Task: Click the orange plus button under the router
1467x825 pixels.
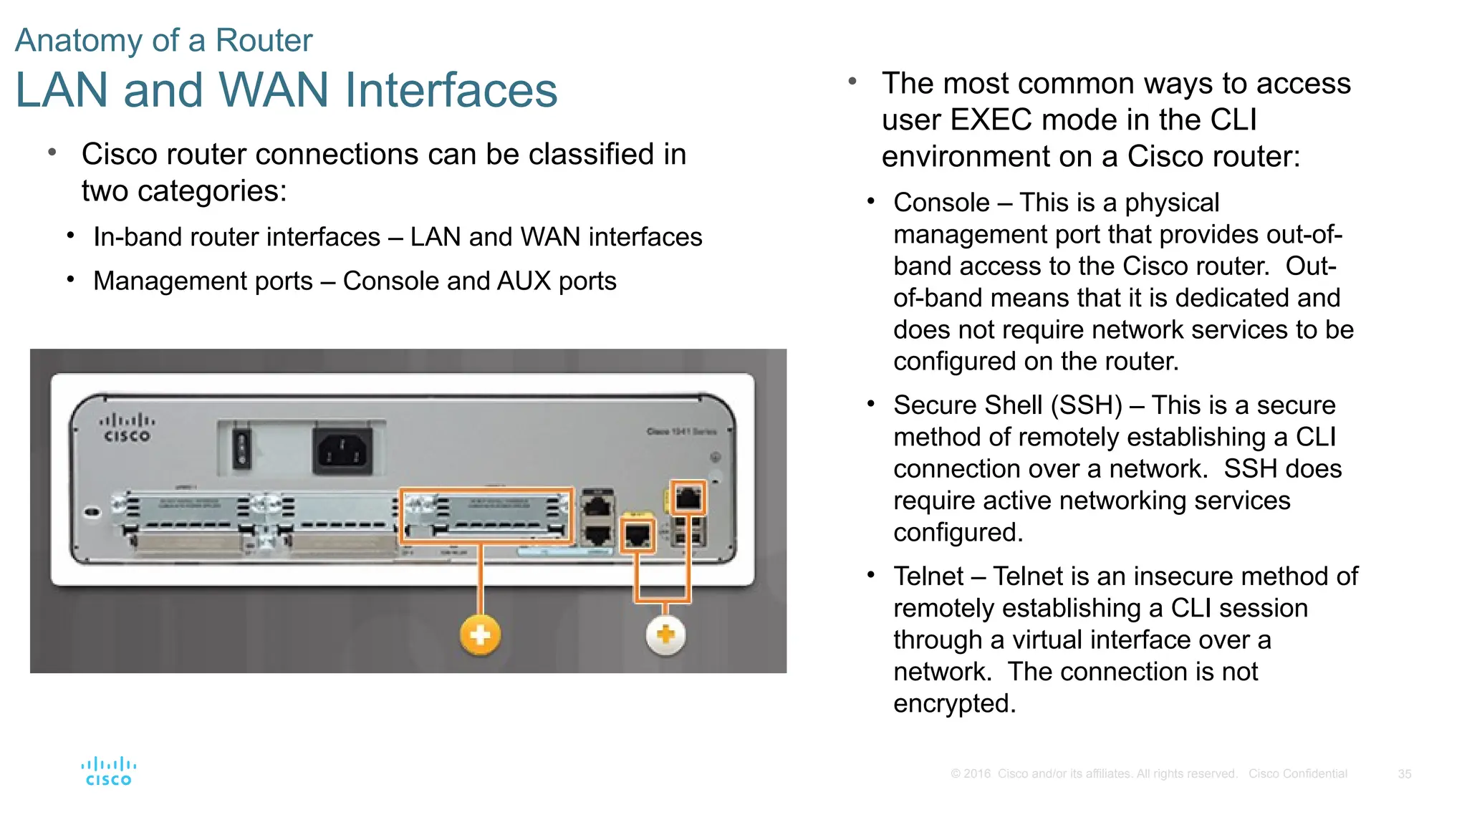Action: pyautogui.click(x=480, y=635)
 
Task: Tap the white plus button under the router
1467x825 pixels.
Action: pyautogui.click(x=666, y=635)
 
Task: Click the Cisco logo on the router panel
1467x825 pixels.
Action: pyautogui.click(x=127, y=428)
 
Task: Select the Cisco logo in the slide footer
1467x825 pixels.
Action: pyautogui.click(x=109, y=771)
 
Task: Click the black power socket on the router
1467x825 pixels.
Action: pyautogui.click(x=342, y=451)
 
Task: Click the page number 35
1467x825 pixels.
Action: pyautogui.click(x=1405, y=774)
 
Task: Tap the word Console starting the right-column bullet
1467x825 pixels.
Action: pyautogui.click(x=941, y=203)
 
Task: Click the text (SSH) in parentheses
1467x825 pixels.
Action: pyautogui.click(x=1086, y=405)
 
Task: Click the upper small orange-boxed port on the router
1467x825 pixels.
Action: pyautogui.click(x=688, y=498)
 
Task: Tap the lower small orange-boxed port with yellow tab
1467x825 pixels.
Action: pyautogui.click(x=638, y=535)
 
